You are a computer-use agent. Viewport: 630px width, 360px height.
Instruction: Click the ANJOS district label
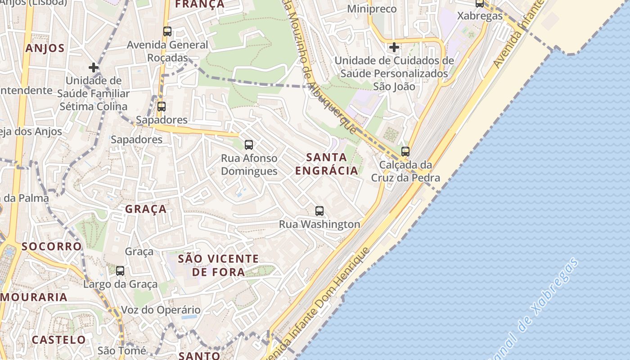(45, 48)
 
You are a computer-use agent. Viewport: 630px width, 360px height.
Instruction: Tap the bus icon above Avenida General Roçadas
(167, 31)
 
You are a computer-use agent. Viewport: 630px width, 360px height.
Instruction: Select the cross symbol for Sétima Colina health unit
(94, 67)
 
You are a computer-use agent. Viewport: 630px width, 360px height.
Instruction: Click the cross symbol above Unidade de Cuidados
(394, 47)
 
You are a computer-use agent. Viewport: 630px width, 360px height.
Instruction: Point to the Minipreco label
(372, 9)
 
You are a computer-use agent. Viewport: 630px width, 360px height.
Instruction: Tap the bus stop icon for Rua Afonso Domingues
(249, 144)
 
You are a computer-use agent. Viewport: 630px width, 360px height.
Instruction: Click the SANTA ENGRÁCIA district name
(327, 164)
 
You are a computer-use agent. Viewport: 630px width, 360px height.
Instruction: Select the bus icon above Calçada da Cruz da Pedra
(405, 152)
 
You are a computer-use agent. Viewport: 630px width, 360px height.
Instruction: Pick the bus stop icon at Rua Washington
(319, 211)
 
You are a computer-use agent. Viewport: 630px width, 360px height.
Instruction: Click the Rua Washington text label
(319, 224)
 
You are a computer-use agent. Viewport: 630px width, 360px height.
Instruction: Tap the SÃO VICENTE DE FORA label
(219, 265)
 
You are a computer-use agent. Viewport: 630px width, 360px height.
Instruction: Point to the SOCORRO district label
(52, 246)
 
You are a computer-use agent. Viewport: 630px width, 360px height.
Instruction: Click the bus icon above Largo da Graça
(120, 270)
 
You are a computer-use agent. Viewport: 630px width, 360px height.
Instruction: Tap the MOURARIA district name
(34, 297)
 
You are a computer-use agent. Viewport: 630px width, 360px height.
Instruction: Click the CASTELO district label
(58, 339)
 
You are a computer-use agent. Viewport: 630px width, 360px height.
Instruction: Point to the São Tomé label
(122, 351)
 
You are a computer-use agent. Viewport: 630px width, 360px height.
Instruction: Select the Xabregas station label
(480, 15)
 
